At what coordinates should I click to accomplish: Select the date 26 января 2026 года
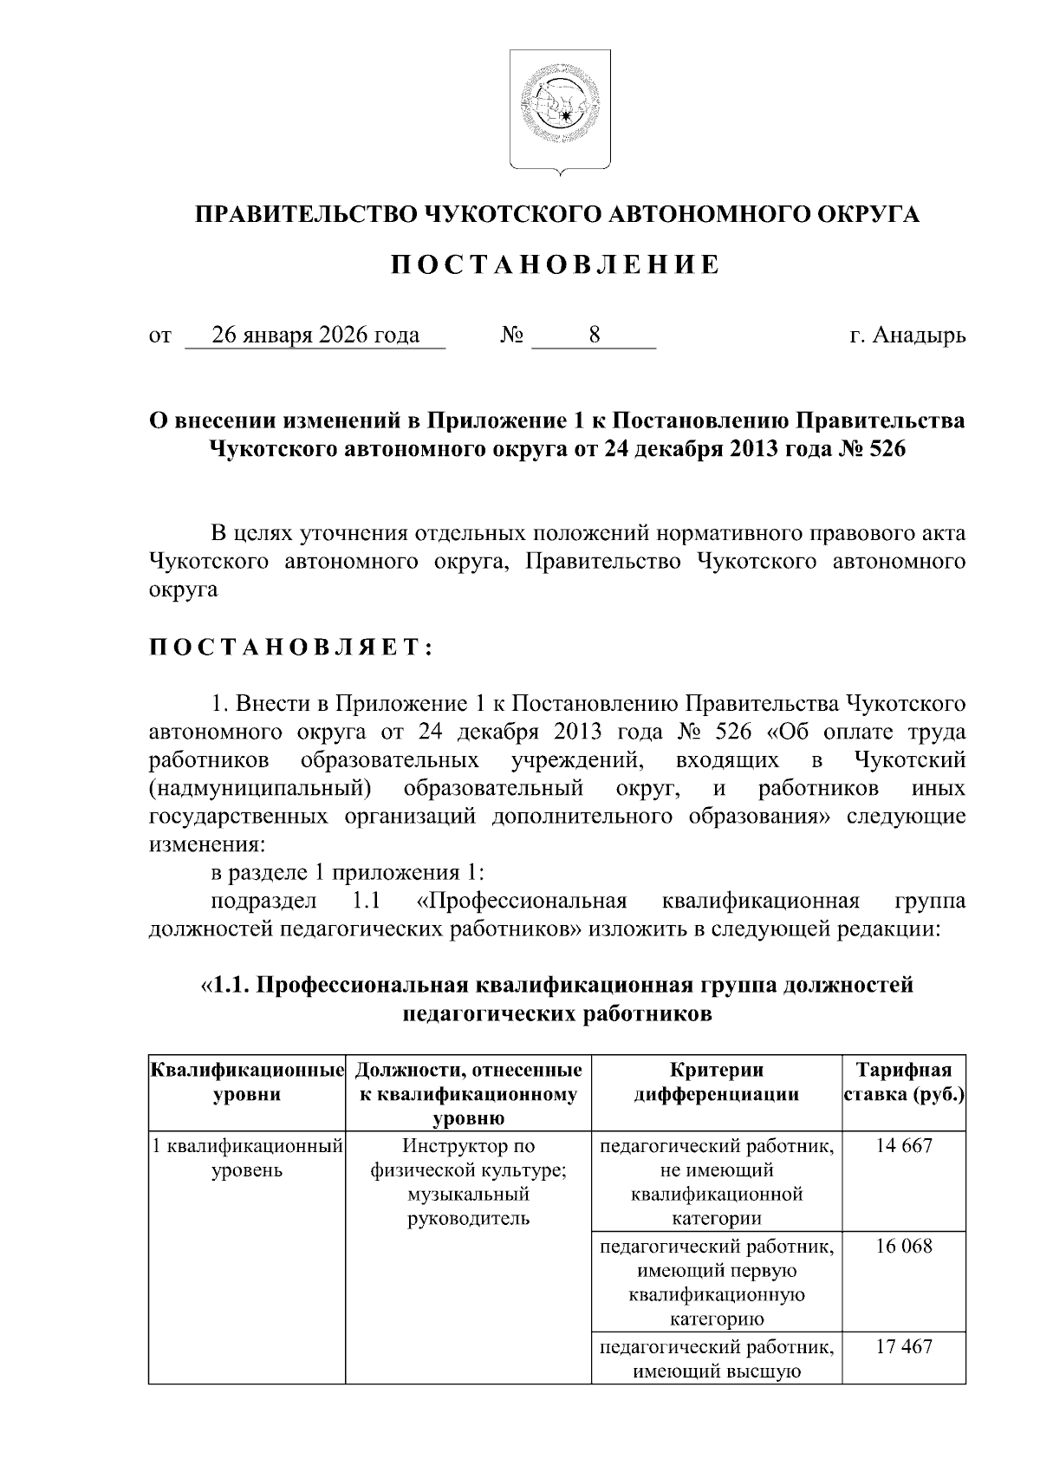(x=315, y=335)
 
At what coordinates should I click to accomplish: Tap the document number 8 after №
(x=594, y=335)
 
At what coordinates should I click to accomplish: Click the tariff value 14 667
(x=904, y=1146)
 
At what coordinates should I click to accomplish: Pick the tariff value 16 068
(x=904, y=1247)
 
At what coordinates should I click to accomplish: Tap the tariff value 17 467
(x=904, y=1346)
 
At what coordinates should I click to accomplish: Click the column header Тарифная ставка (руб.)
(x=904, y=1082)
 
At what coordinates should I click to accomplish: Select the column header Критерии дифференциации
(x=716, y=1082)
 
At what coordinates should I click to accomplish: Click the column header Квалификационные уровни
(x=247, y=1082)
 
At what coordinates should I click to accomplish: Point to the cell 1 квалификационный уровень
(x=247, y=1158)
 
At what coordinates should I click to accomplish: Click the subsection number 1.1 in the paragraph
(x=368, y=902)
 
